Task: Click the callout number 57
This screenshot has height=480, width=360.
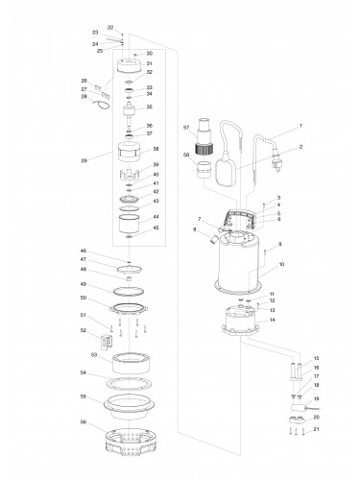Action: pos(186,128)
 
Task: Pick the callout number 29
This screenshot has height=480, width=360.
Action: pos(86,159)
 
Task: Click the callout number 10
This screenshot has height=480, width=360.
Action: pos(280,264)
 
